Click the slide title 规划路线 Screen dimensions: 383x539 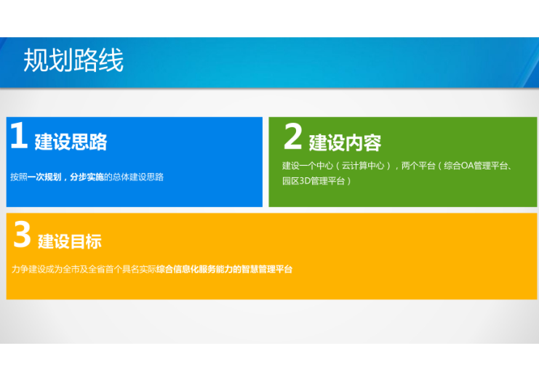(x=73, y=60)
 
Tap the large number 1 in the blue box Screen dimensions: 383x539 (x=19, y=137)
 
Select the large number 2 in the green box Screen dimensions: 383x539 (x=292, y=137)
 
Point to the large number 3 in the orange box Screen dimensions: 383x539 (x=22, y=235)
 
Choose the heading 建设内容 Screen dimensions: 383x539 (x=345, y=142)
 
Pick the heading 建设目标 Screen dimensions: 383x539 (x=70, y=241)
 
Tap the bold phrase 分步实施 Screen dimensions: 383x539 (x=87, y=177)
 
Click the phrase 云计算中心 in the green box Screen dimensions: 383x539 (x=362, y=166)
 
